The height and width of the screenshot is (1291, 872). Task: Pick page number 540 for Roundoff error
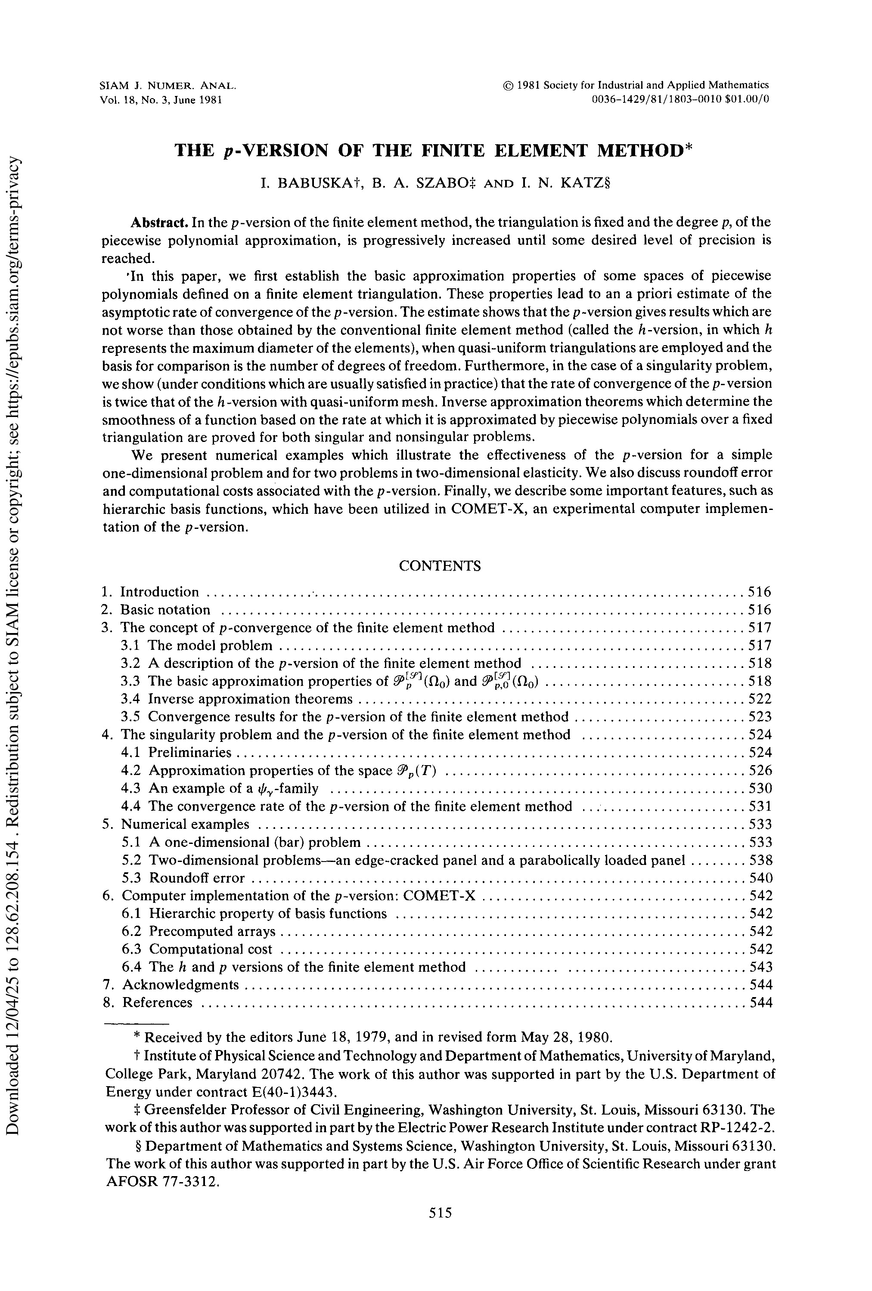(x=760, y=878)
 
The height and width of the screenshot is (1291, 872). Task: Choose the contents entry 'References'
(x=157, y=1003)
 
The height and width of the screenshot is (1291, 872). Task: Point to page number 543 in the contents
(x=760, y=967)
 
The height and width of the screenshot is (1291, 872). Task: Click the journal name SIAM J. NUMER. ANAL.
(x=167, y=86)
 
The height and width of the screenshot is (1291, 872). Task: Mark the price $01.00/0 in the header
(x=748, y=99)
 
